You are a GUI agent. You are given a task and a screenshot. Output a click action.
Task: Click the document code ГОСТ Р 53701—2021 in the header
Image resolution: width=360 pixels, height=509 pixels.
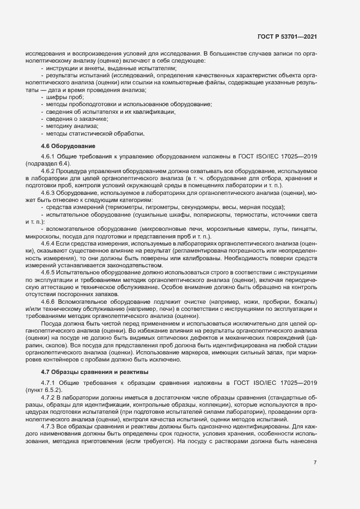click(x=287, y=36)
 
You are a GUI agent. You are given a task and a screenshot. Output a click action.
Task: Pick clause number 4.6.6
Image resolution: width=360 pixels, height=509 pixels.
click(x=50, y=301)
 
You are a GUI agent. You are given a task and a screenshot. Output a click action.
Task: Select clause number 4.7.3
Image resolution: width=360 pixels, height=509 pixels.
click(x=50, y=427)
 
